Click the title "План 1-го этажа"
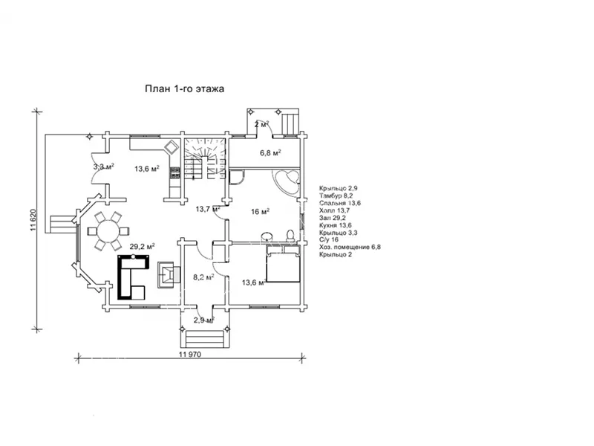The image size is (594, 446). (184, 88)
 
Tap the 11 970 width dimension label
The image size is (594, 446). (190, 355)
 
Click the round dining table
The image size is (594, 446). (108, 231)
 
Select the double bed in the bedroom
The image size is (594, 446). (283, 264)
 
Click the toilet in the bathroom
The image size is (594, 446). (290, 235)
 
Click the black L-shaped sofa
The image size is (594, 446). (131, 277)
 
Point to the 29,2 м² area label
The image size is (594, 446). (142, 247)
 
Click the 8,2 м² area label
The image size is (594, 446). (203, 277)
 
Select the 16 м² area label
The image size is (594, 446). (261, 211)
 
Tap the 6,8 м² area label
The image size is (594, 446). (270, 153)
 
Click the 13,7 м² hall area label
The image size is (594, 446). (208, 209)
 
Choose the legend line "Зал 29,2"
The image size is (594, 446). (332, 218)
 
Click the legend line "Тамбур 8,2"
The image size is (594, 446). (336, 195)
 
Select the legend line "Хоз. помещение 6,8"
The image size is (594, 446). (350, 247)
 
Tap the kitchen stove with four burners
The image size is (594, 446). (175, 173)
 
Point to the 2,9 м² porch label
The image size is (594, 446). (203, 320)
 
